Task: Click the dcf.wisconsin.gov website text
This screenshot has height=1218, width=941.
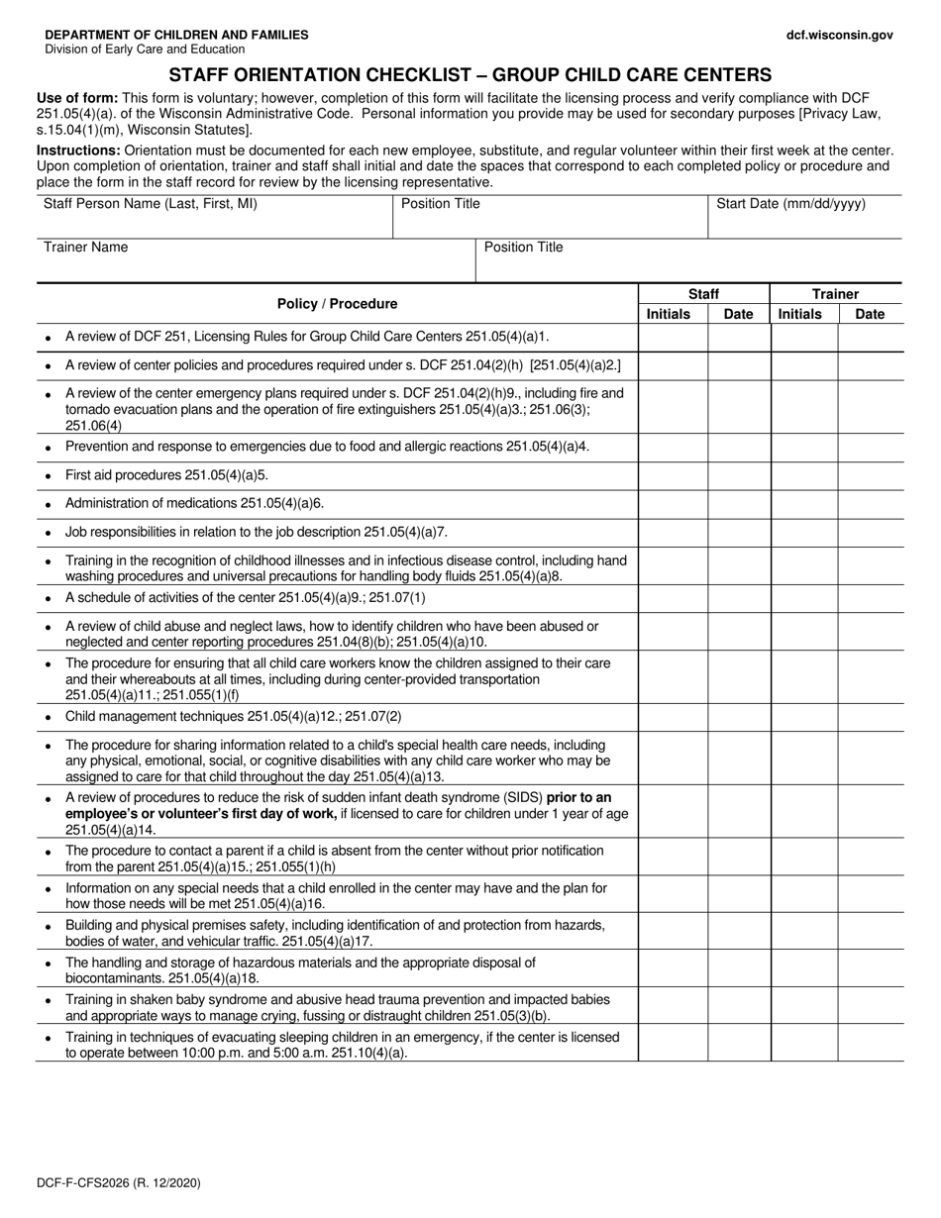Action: click(839, 35)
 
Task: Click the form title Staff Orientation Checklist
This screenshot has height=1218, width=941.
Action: click(470, 74)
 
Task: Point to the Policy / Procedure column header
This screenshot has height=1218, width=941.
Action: click(337, 304)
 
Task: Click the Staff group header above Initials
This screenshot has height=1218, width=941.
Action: click(703, 294)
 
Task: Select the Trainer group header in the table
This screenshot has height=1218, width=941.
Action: click(835, 294)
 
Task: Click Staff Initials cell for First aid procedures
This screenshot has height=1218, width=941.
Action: click(673, 475)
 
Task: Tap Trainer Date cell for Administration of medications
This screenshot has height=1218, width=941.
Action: click(871, 503)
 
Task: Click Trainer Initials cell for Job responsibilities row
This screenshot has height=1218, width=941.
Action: click(804, 532)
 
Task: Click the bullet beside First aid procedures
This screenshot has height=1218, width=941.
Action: click(49, 476)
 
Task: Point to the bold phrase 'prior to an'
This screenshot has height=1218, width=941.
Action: click(574, 798)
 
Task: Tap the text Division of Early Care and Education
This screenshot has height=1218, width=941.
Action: click(145, 50)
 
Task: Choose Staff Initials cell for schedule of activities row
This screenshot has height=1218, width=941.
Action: click(673, 598)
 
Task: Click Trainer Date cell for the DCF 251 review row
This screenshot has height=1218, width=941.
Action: click(871, 338)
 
